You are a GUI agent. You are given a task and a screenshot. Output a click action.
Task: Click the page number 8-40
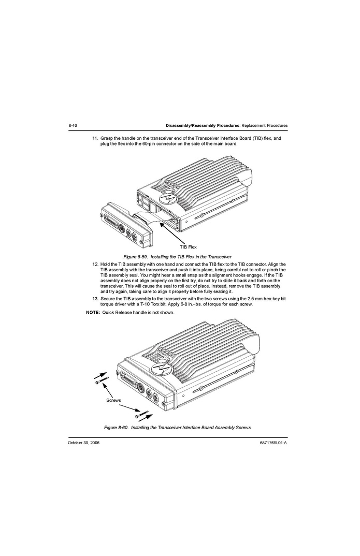click(73, 126)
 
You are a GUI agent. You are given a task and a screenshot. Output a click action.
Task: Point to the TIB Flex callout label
click(188, 247)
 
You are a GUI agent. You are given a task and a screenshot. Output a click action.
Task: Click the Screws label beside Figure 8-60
click(113, 400)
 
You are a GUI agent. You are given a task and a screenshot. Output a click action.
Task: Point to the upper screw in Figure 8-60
click(102, 381)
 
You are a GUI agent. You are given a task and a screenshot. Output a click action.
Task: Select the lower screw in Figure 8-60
click(141, 415)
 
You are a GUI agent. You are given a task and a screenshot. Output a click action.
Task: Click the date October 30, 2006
click(83, 443)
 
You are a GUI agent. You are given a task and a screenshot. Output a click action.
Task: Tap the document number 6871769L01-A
click(273, 443)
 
